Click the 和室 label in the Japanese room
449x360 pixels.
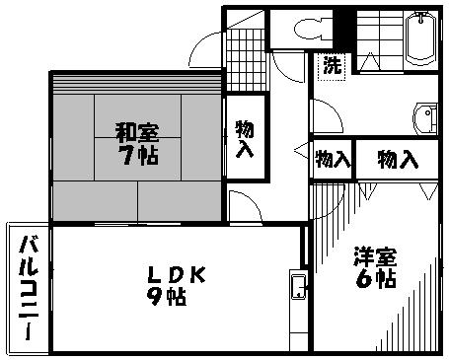(x=136, y=130)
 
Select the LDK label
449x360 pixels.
(x=179, y=275)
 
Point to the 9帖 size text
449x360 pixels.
(x=168, y=297)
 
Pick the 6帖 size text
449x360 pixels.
(x=376, y=280)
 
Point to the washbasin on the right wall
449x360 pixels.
(x=427, y=118)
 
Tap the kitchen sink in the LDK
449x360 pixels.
(x=298, y=288)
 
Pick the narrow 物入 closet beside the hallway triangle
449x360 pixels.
(x=333, y=159)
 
